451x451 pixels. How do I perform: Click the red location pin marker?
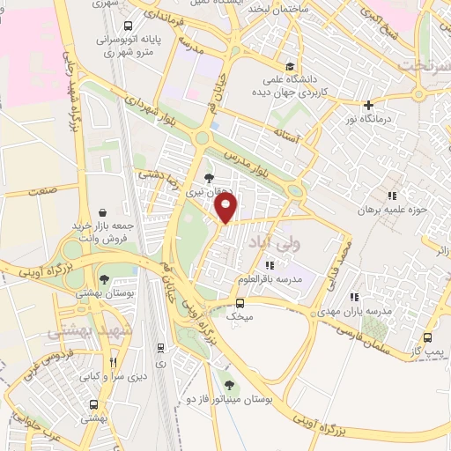[x=226, y=208]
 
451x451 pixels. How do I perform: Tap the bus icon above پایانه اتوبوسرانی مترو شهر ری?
[x=129, y=26]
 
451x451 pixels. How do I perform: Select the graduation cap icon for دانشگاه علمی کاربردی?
[x=290, y=66]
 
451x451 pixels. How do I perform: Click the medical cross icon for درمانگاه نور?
[x=368, y=105]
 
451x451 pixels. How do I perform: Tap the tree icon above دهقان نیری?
[x=208, y=178]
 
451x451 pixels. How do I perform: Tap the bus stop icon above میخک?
[x=239, y=299]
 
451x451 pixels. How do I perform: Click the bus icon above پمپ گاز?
[x=428, y=337]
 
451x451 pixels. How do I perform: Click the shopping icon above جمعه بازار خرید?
[x=104, y=212]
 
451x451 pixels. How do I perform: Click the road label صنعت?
[x=42, y=189]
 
